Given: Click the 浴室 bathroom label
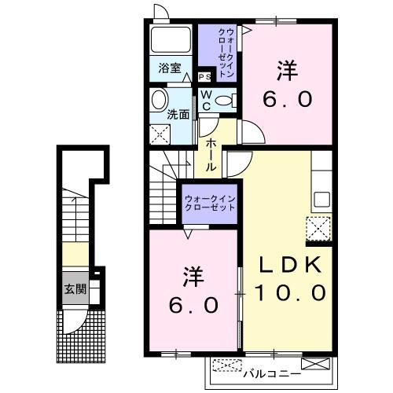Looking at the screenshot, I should [171, 68].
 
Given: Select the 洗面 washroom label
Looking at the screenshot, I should [178, 113].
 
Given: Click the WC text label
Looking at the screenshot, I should [206, 100].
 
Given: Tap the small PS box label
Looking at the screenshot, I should [205, 76].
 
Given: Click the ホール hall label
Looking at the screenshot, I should [212, 154].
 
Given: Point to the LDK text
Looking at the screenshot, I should [289, 265].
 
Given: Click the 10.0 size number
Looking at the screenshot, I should [289, 293].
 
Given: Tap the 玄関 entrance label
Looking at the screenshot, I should [76, 288].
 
